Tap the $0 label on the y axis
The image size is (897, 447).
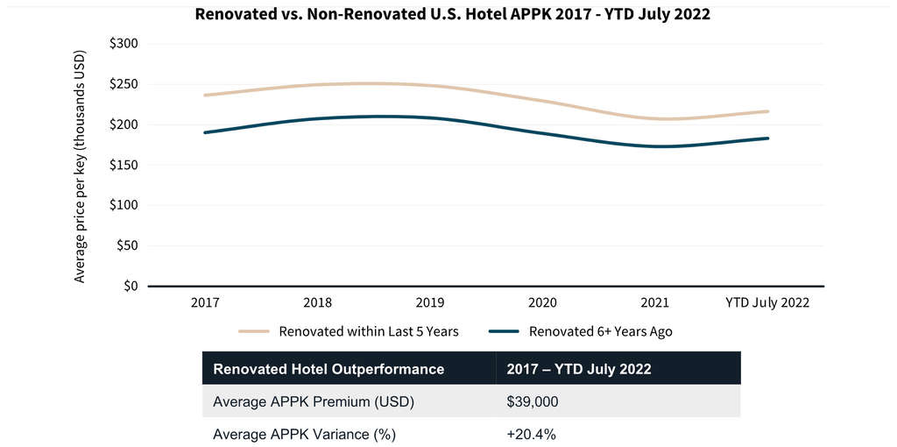(130, 286)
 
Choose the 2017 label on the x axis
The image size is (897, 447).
(205, 302)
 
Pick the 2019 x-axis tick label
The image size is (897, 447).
(430, 302)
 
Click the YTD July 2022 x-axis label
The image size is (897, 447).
(767, 302)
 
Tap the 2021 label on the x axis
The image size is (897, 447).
(655, 302)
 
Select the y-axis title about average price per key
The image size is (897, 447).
(81, 165)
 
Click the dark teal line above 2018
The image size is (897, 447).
(318, 118)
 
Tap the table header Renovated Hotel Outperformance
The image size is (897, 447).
(328, 369)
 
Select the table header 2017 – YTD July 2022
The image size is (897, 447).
(578, 369)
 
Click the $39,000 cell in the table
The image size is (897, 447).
(533, 402)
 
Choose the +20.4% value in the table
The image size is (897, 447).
(531, 434)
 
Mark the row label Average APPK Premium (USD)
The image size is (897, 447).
(314, 402)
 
